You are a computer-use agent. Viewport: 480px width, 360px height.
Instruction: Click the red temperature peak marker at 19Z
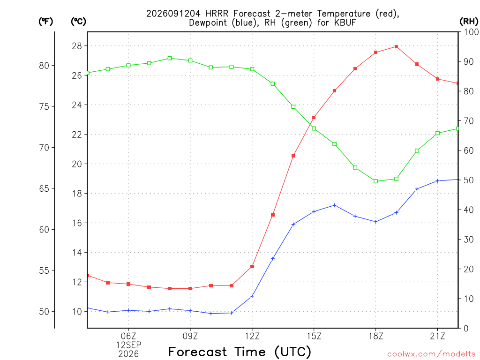396,46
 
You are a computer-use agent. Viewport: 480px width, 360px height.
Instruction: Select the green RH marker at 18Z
375,181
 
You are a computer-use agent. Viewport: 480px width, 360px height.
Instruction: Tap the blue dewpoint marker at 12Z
252,296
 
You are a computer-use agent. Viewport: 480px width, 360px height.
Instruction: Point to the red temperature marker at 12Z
252,267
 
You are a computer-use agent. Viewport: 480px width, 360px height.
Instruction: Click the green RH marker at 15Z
314,128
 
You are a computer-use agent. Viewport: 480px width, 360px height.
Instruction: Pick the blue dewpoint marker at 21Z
437,181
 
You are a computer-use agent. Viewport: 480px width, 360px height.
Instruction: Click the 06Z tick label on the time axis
128,336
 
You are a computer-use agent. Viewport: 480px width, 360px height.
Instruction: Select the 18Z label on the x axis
376,336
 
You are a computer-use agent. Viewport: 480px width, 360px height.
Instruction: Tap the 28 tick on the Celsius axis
77,46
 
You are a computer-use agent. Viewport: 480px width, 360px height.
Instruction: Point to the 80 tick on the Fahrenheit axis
44,66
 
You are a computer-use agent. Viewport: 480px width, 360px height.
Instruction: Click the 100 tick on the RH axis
471,32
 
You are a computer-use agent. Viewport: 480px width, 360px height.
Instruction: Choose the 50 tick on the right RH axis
468,180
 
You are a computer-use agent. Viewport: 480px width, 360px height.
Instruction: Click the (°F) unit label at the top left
45,22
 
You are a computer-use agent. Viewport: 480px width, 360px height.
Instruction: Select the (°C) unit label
78,22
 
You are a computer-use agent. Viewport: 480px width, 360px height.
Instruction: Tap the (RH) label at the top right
469,22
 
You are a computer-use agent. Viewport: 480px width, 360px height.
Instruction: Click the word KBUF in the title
345,22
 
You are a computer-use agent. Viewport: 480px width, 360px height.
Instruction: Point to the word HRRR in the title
217,14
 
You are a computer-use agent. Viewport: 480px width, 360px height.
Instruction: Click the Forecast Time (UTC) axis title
240,352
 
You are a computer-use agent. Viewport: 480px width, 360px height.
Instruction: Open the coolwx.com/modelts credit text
431,354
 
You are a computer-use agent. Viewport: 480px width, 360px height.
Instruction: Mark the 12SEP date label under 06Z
128,345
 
